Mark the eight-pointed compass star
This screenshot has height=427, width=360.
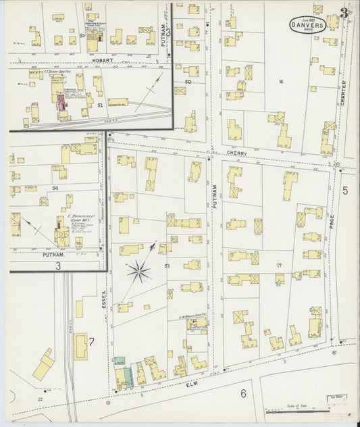tap(139, 272)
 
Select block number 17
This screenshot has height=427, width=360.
tap(278, 265)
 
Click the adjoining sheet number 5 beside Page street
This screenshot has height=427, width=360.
tap(345, 191)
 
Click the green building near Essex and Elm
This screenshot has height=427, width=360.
tap(120, 363)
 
